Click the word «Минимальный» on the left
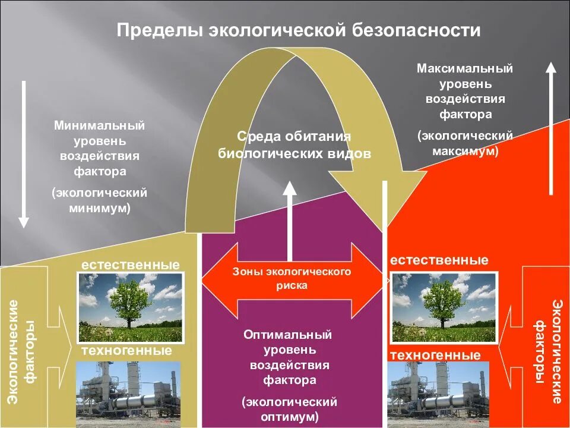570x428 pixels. click(100, 126)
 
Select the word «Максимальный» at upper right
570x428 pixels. click(465, 68)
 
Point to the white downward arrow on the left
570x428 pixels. click(24, 155)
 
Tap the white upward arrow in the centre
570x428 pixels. click(290, 220)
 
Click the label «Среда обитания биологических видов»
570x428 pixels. click(294, 145)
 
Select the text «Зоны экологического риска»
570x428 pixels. click(291, 278)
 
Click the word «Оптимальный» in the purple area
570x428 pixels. click(287, 335)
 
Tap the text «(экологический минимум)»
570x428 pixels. click(100, 200)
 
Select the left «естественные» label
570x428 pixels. click(131, 264)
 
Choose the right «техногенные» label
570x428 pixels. click(435, 355)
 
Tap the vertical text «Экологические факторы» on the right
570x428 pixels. click(548, 351)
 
